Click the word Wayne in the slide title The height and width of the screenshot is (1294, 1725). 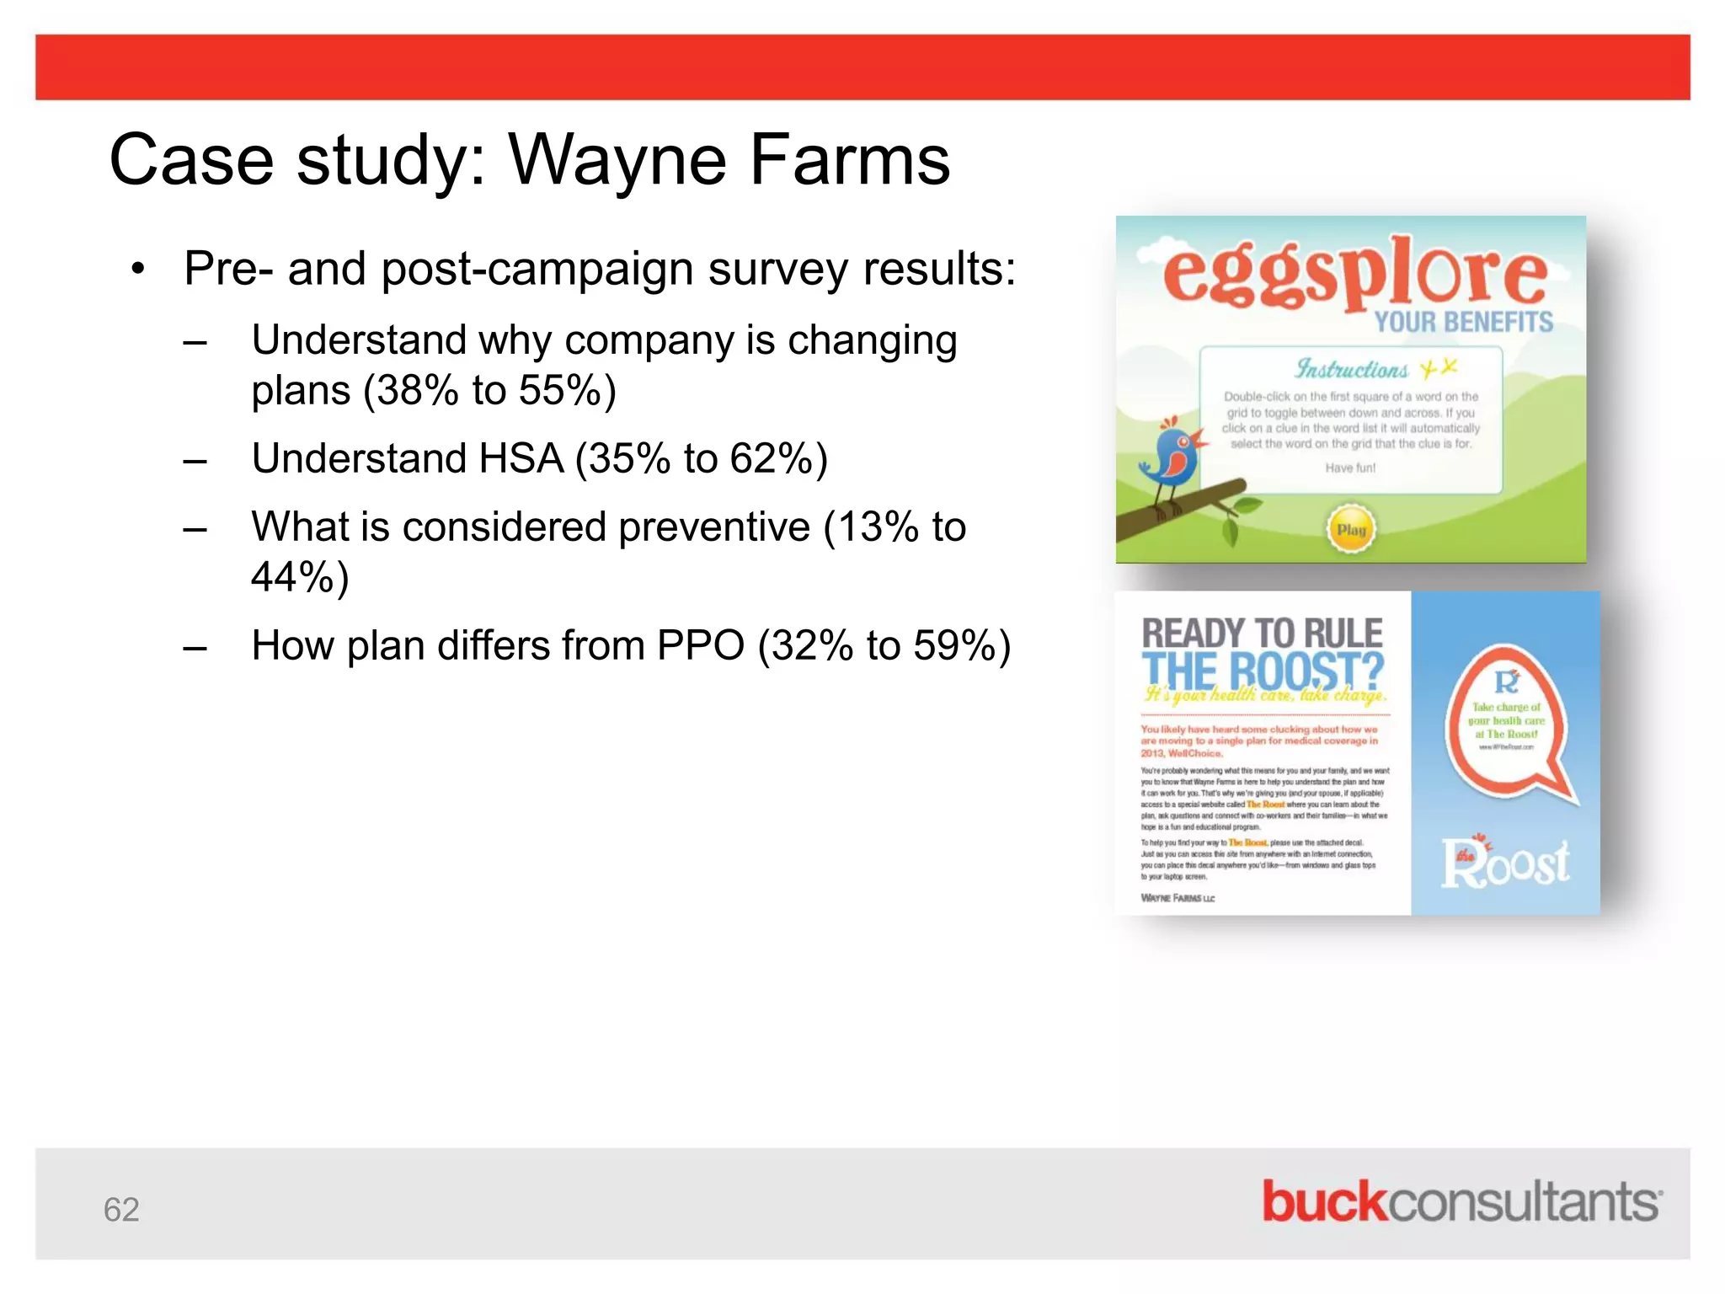point(617,160)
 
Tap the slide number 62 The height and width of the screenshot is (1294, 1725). point(121,1210)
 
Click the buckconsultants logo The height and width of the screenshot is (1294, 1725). point(1461,1202)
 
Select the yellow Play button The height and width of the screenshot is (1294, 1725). point(1351,530)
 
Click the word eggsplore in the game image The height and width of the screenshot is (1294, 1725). point(1354,271)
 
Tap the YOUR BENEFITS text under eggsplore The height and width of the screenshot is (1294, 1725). point(1464,322)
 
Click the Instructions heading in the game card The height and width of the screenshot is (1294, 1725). point(1351,369)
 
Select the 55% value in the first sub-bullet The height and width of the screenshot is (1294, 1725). point(558,391)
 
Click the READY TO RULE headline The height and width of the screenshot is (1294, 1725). point(1262,634)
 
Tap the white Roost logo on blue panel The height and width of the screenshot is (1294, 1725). point(1505,864)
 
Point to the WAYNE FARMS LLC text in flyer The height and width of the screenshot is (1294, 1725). point(1178,898)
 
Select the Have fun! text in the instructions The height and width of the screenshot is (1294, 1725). point(1350,468)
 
